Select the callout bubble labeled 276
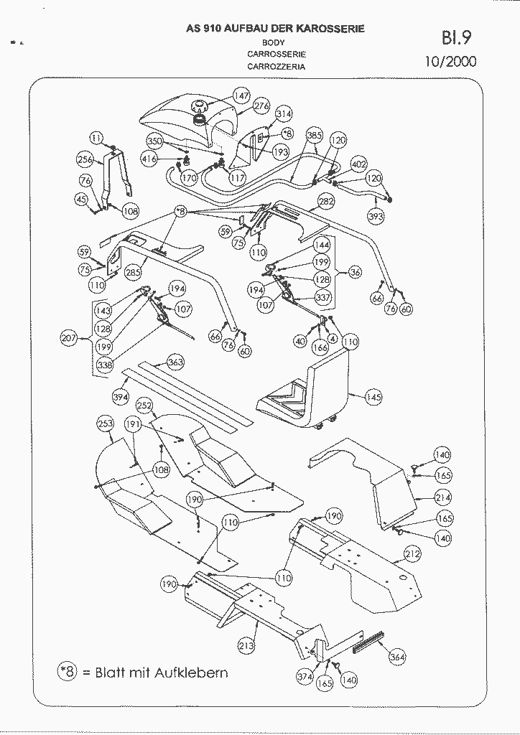point(262,107)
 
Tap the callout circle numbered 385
point(315,136)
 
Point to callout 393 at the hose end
point(376,214)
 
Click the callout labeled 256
point(85,160)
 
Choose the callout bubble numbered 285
point(133,273)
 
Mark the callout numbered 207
point(69,337)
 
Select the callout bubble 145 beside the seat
point(374,396)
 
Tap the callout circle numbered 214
point(443,497)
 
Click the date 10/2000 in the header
point(450,61)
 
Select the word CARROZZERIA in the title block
point(277,66)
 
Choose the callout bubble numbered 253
point(106,424)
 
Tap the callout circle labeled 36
point(355,272)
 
